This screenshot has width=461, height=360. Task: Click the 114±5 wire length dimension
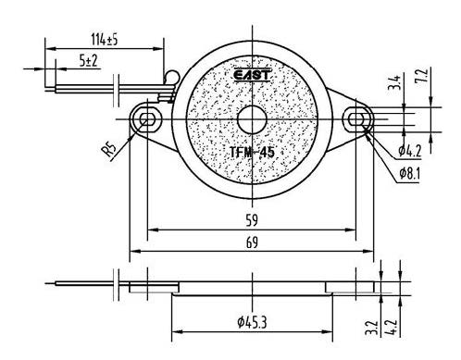[105, 40]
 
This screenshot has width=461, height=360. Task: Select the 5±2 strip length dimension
[88, 60]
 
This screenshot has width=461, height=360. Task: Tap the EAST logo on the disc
[252, 76]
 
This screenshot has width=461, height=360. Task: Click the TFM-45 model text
[252, 152]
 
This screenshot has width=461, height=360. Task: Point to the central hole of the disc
[252, 119]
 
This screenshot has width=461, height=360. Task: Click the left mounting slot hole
[147, 119]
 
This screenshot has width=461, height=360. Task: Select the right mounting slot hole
[356, 119]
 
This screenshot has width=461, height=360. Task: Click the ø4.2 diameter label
[410, 151]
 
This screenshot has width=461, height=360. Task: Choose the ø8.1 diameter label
[410, 174]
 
